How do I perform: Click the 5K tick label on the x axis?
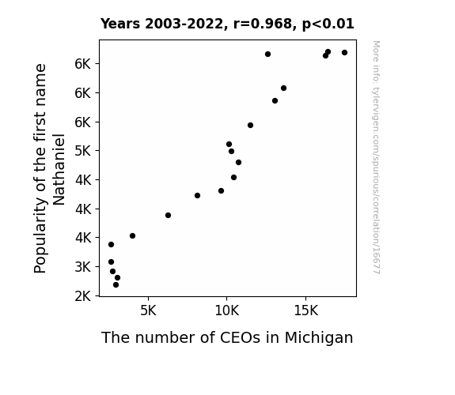[x=148, y=311]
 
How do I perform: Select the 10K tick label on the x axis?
[x=227, y=311]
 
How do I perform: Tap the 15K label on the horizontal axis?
[x=306, y=311]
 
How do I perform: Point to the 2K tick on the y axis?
[x=83, y=296]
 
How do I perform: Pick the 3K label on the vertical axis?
[x=83, y=266]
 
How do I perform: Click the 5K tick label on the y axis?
[x=83, y=151]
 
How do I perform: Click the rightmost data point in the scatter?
[x=344, y=53]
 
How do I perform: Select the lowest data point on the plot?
[x=116, y=285]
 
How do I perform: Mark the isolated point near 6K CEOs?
[x=168, y=216]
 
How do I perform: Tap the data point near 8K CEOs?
[x=197, y=196]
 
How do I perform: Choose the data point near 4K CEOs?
[x=133, y=236]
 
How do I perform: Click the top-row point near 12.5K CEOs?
[x=267, y=55]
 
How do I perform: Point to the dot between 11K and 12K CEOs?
[x=250, y=125]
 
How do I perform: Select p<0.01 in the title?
[x=328, y=24]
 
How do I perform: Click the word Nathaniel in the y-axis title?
[x=59, y=169]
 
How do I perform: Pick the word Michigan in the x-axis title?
[x=319, y=338]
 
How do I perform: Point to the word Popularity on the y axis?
[x=40, y=235]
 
